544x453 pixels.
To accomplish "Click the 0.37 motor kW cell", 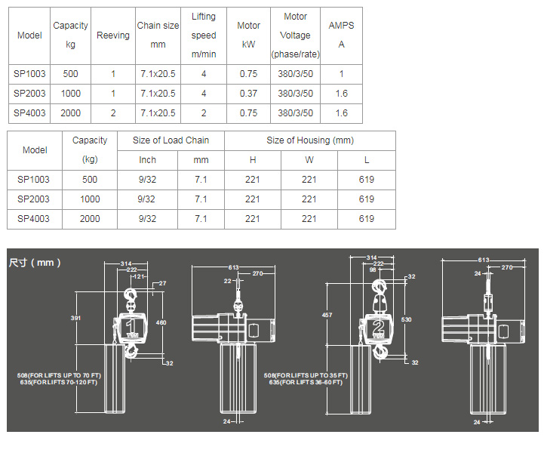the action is (x=248, y=94).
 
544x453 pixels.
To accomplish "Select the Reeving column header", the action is (x=112, y=35).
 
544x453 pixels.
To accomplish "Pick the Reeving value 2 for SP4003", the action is (x=113, y=113).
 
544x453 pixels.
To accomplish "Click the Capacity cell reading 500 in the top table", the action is (x=70, y=74).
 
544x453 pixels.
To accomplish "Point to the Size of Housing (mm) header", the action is (x=310, y=140).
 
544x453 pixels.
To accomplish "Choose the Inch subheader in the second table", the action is (x=147, y=160).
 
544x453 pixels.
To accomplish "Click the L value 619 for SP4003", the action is (x=367, y=219).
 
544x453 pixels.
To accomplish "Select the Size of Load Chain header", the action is (x=171, y=140).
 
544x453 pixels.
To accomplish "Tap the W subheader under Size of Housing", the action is (x=309, y=160).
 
